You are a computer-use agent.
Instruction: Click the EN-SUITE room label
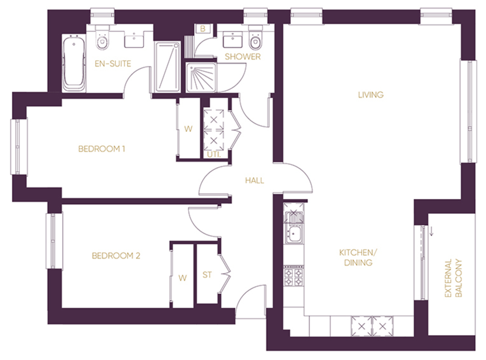coord(112,64)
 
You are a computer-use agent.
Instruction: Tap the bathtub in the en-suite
coord(74,64)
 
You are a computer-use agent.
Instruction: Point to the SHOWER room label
coord(243,57)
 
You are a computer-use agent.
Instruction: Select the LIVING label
coord(371,95)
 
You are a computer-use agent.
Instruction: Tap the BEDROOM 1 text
coord(102,149)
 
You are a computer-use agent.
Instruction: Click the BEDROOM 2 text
coord(116,256)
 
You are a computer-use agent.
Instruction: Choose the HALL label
coord(254,181)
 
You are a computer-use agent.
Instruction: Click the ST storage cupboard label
coord(207,275)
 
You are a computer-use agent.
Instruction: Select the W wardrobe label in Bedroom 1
coord(188,129)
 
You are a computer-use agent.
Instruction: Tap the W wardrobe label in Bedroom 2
coord(183,278)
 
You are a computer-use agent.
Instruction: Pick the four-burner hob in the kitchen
coord(293,276)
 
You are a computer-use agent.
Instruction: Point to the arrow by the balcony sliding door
coord(432,231)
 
